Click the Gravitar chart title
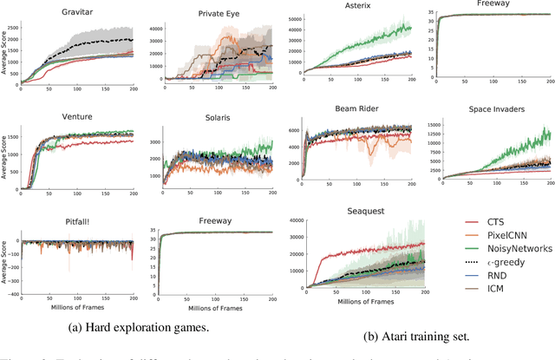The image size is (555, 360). click(79, 15)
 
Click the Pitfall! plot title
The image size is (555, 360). click(79, 221)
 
